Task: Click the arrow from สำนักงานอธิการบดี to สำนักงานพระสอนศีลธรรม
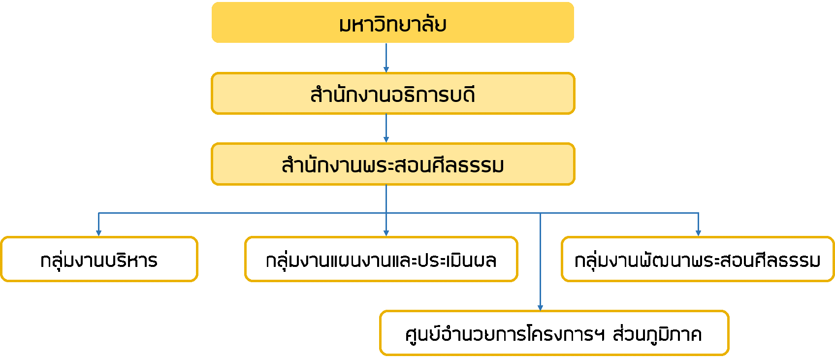[386, 128]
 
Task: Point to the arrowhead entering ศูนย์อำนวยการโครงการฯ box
[540, 307]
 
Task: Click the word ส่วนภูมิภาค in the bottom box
[657, 334]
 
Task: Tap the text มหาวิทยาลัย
[392, 24]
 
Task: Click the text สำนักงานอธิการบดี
[392, 94]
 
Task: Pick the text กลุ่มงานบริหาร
[98, 260]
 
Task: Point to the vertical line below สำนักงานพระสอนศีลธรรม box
[386, 199]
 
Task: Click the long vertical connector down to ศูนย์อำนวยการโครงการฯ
[540, 261]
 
